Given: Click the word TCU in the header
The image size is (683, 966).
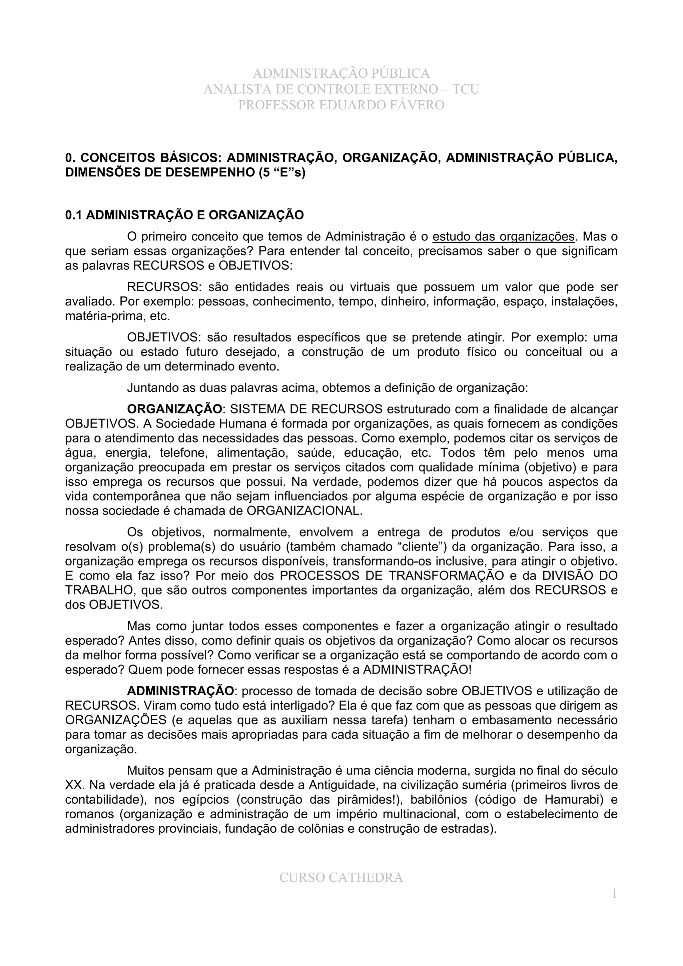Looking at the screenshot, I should [x=466, y=89].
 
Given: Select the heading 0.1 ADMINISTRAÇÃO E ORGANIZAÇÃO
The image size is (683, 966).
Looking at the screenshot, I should [x=184, y=215].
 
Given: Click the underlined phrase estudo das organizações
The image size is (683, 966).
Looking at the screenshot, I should [x=503, y=237].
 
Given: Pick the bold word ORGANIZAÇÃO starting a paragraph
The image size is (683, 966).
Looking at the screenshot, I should [x=174, y=409].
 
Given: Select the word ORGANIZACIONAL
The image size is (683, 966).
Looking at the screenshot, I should [x=304, y=511].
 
